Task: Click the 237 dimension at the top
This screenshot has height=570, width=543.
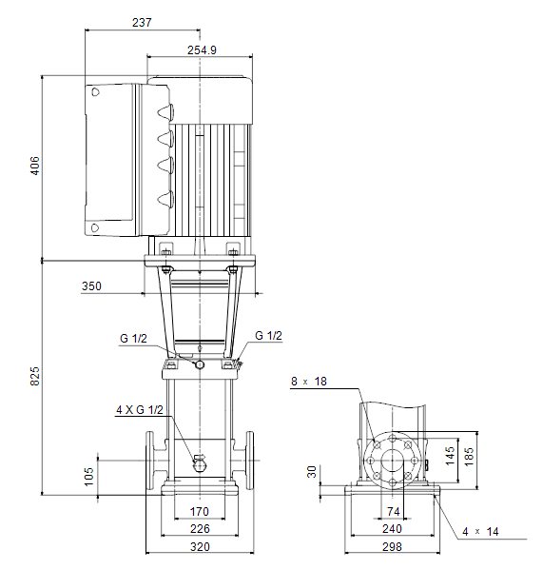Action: [142, 23]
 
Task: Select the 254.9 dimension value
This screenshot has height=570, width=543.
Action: [202, 50]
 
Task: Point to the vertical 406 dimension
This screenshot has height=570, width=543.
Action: [34, 166]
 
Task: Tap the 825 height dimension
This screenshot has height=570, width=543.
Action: [34, 376]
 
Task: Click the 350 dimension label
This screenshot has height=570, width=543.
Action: [91, 286]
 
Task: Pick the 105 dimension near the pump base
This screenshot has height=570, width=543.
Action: [88, 477]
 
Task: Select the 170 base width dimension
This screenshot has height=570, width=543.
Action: [200, 512]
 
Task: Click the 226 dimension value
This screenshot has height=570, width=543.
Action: [200, 529]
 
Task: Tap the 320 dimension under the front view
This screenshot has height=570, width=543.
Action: [200, 547]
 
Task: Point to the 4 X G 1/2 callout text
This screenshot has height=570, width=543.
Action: [140, 410]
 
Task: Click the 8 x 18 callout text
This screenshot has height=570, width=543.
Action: [309, 382]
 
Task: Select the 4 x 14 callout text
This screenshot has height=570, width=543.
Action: [480, 532]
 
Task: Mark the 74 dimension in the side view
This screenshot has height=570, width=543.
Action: [394, 512]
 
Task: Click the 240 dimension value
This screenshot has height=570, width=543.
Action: [392, 529]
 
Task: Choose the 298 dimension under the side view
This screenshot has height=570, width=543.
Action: [392, 547]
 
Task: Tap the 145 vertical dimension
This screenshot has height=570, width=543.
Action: [450, 456]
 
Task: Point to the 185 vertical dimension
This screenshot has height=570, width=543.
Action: [469, 457]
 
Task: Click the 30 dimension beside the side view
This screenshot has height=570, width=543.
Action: [312, 472]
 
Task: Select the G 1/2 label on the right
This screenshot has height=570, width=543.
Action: [268, 336]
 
